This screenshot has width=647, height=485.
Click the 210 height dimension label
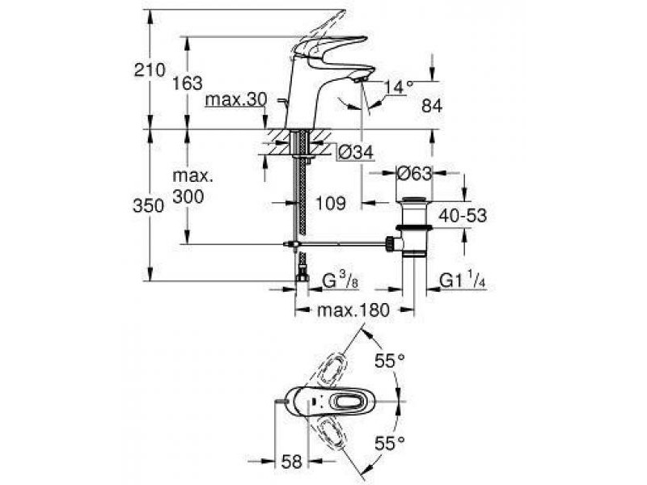click(149, 70)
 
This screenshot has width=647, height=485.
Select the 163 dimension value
click(188, 83)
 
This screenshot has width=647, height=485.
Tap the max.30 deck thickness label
click(236, 99)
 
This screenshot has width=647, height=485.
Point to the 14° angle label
click(398, 87)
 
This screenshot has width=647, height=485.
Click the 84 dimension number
click(432, 106)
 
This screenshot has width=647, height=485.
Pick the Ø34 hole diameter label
click(355, 153)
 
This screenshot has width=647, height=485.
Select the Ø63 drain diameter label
click(414, 173)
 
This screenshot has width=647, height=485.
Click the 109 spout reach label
click(330, 203)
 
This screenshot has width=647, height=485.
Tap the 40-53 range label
click(463, 215)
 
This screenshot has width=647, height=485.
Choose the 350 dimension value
click(149, 205)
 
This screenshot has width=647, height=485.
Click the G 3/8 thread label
click(340, 281)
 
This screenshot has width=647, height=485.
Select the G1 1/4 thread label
click(462, 281)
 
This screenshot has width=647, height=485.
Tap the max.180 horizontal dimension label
click(353, 310)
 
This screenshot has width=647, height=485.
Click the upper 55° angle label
click(390, 361)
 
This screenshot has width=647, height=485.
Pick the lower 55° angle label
click(390, 444)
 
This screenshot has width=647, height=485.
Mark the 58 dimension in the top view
click(292, 462)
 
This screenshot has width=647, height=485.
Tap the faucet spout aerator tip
click(360, 79)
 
